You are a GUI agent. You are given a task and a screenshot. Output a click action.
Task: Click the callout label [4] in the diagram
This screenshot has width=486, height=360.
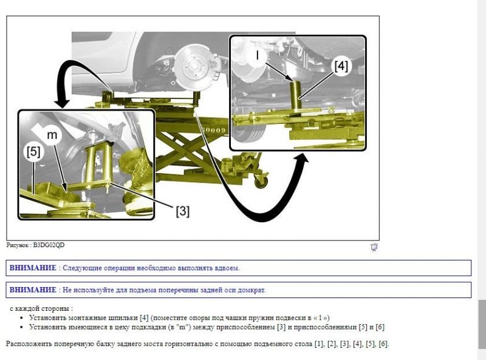tap(341, 66)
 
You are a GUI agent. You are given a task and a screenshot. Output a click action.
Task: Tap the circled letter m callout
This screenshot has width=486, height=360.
tap(52, 135)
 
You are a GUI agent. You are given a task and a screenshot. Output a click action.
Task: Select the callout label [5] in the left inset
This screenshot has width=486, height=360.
tap(33, 152)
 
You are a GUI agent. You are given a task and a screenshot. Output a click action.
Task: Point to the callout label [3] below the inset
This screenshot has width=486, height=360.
tap(183, 211)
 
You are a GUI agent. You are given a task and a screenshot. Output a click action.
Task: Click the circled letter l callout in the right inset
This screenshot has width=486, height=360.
tap(257, 55)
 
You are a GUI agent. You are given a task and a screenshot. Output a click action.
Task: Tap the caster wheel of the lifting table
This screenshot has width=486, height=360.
tap(261, 179)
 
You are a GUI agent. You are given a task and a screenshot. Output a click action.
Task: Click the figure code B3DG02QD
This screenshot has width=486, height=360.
tap(49, 245)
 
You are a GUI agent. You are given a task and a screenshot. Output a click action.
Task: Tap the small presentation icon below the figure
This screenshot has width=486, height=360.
tap(374, 247)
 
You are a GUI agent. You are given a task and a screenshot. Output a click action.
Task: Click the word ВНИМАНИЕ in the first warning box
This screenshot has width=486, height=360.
tap(33, 268)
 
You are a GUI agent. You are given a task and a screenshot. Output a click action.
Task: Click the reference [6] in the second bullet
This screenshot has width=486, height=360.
tap(380, 327)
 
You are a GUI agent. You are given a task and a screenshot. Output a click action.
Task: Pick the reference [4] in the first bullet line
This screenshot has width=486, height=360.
tap(144, 318)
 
